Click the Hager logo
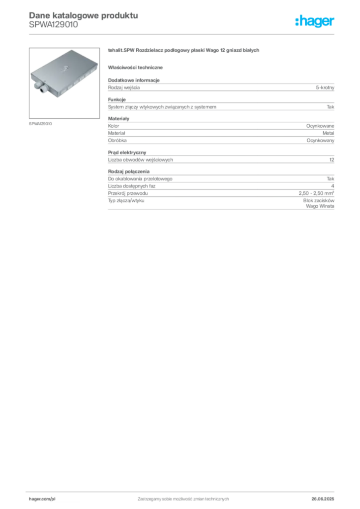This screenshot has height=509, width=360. (315, 21)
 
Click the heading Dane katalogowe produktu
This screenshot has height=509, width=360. (84, 15)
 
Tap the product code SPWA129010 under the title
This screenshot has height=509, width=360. (54, 25)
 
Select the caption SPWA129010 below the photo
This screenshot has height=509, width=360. (40, 124)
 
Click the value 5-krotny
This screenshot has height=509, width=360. (325, 87)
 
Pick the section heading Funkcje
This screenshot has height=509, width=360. (117, 99)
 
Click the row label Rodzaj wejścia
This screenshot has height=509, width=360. (124, 87)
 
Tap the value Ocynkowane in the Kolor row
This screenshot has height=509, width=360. (320, 126)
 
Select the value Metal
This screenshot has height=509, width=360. (328, 133)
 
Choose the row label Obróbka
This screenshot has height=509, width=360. (117, 141)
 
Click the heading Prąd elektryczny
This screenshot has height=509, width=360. (127, 153)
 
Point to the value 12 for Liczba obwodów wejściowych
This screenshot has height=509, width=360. (332, 160)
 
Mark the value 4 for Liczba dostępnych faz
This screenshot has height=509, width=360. (333, 186)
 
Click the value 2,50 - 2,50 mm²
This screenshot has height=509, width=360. (317, 193)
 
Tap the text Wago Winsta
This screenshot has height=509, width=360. (320, 206)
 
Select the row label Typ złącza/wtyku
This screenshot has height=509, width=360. (126, 201)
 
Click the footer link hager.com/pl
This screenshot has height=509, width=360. (42, 499)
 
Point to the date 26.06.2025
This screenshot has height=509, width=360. (323, 499)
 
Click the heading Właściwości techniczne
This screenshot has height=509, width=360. (135, 68)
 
